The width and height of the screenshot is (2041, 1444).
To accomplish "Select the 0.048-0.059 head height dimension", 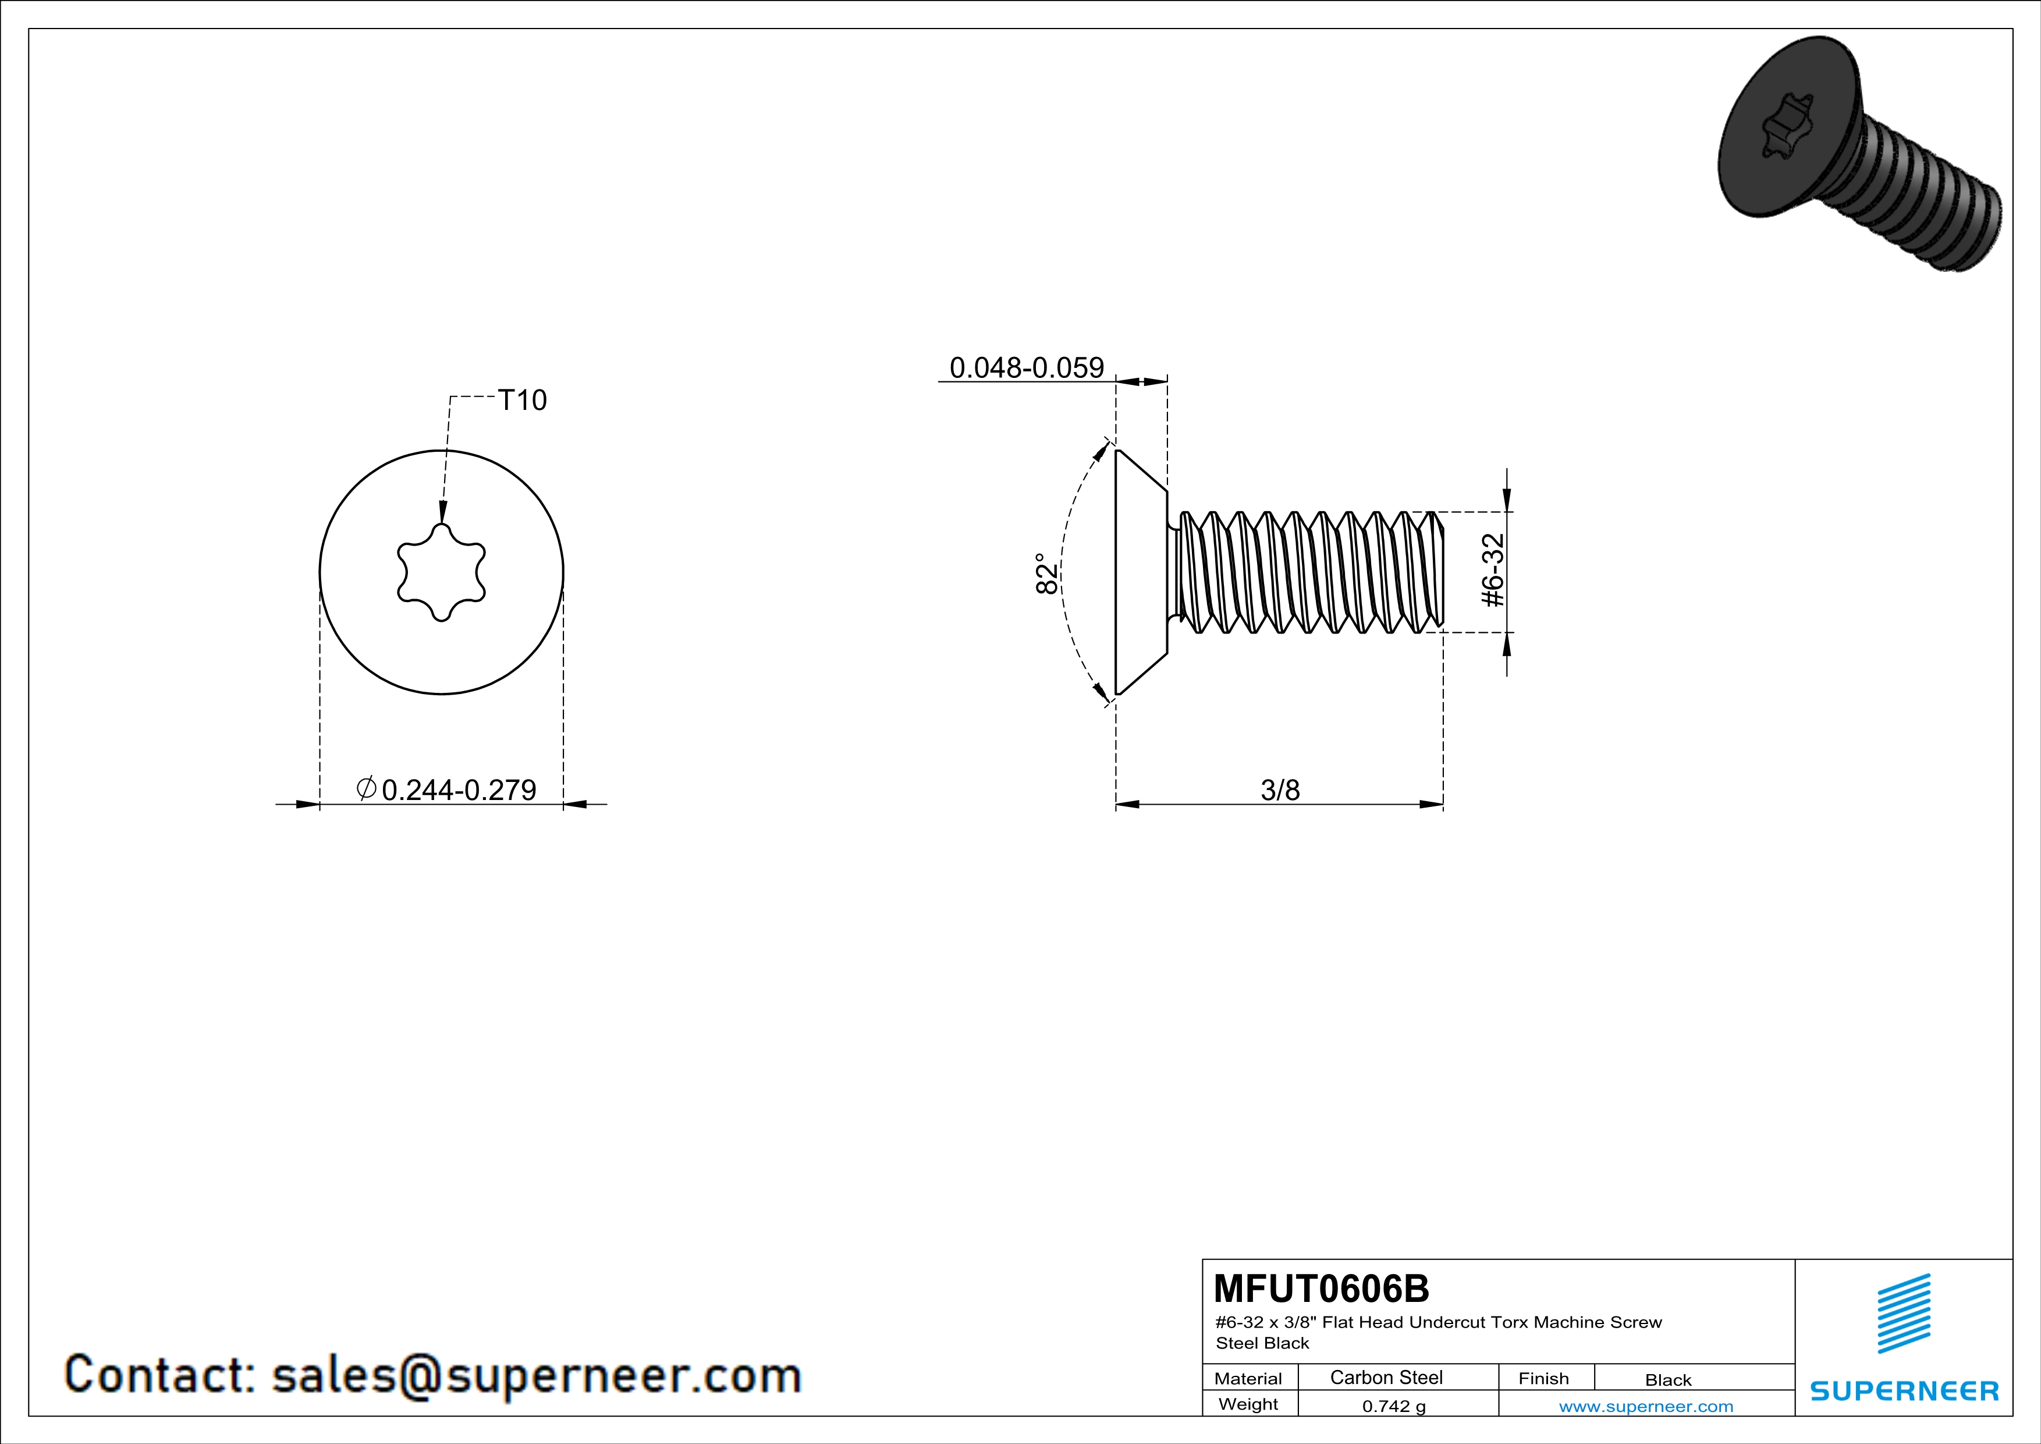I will coord(1026,367).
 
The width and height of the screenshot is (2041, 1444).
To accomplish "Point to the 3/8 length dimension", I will coord(1280,790).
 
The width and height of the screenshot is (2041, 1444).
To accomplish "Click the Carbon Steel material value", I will coord(1386,1377).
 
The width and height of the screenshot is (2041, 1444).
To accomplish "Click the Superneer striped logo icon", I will coord(1903,1314).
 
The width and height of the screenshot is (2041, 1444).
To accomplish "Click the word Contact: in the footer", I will coord(160,1375).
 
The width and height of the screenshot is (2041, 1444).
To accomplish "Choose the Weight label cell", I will coord(1248,1404).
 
